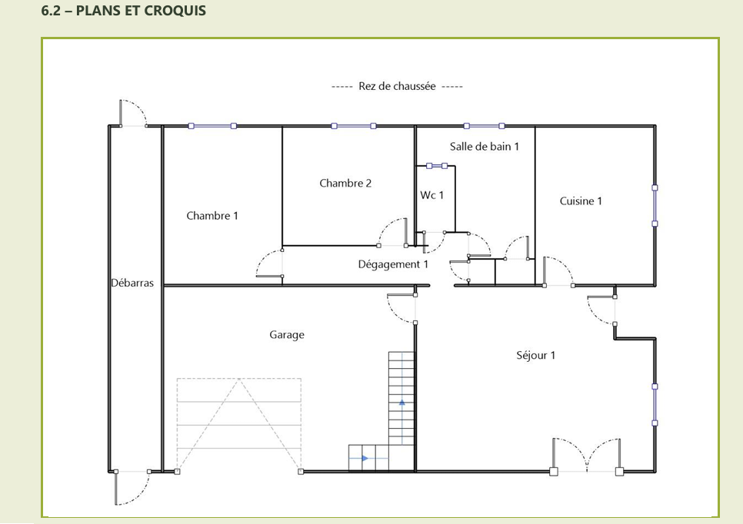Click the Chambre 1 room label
212,216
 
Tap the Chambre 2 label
345,183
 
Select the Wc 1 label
432,195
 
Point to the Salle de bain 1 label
485,147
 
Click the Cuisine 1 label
581,201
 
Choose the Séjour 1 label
536,355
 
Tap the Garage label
287,335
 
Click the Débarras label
132,283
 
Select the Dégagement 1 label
393,264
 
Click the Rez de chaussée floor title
397,86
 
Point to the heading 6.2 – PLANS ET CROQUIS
124,11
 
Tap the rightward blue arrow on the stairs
365,458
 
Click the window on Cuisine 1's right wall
655,205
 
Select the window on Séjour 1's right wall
655,405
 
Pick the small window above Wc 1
437,166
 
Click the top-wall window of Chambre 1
212,126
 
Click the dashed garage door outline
238,425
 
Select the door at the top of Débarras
133,114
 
